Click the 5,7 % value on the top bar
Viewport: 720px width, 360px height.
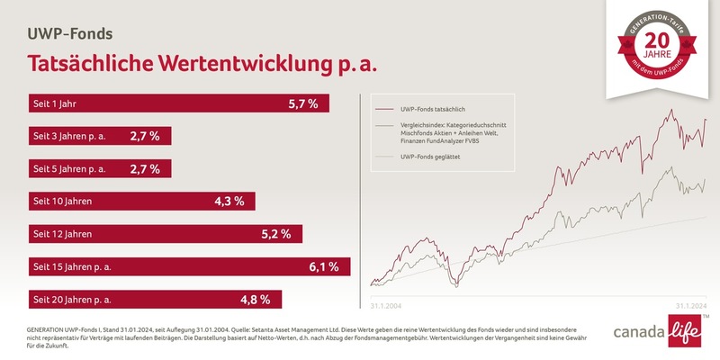point(303,103)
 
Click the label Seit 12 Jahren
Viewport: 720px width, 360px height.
point(63,234)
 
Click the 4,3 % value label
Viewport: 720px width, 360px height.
point(229,201)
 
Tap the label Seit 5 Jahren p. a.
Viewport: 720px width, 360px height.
point(69,168)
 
